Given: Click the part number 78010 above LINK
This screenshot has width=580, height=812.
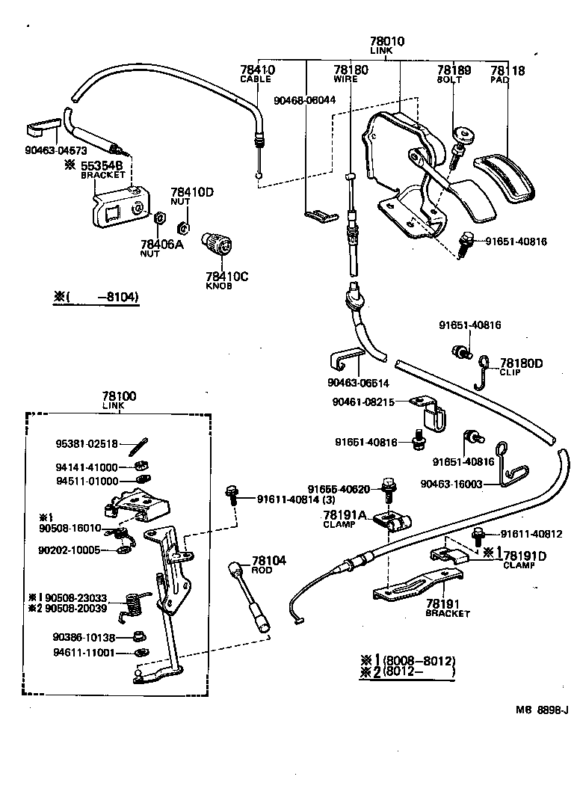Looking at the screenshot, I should [386, 42].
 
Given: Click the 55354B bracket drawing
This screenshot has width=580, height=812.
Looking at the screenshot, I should [120, 206].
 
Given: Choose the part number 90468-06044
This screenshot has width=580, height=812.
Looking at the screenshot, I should [304, 99].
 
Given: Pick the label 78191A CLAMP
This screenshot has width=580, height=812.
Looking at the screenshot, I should [345, 519].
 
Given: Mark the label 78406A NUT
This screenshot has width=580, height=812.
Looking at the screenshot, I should [161, 247].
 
